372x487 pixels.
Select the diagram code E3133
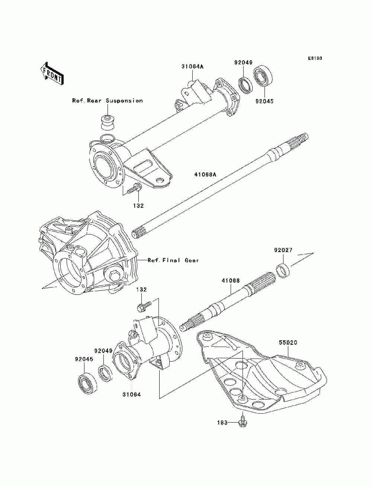click(315, 58)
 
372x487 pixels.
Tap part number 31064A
click(193, 67)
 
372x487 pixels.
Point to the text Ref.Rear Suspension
click(108, 101)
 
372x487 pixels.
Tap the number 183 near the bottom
click(222, 423)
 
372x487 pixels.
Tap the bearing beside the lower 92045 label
click(87, 382)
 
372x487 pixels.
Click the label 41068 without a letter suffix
click(231, 281)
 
